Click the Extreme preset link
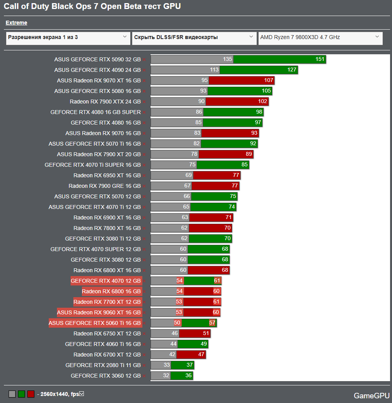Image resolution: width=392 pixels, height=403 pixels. click(16, 23)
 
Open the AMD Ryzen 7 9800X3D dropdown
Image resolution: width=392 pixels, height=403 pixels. click(320, 37)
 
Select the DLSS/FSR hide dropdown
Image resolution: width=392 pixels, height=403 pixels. click(194, 37)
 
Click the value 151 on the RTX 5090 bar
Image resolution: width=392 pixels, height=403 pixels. click(320, 59)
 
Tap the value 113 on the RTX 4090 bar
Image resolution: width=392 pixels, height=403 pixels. click(214, 70)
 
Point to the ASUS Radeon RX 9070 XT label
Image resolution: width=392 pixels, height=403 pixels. click(99, 80)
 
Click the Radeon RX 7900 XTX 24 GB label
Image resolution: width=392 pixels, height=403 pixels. click(105, 102)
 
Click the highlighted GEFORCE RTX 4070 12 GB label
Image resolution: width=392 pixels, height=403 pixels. click(105, 281)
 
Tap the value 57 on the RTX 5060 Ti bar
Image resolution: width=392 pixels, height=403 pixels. click(212, 323)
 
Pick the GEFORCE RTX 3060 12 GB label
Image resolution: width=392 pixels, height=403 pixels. click(105, 376)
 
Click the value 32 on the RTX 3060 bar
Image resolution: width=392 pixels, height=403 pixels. click(166, 376)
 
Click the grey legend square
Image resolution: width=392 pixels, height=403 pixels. click(12, 394)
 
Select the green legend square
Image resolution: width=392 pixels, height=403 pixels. click(21, 394)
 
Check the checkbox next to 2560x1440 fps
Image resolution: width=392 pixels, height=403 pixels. click(82, 394)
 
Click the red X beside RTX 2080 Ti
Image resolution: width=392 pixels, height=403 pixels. click(144, 366)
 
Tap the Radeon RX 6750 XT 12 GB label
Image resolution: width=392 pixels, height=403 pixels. click(107, 333)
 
